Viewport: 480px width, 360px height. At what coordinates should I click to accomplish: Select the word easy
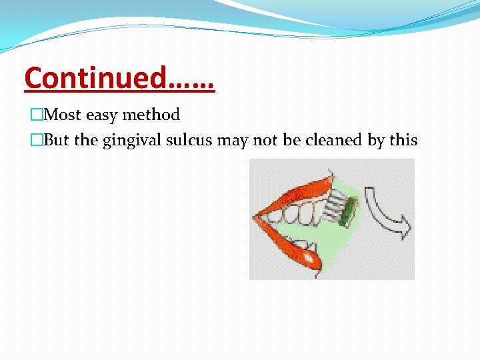click(101, 115)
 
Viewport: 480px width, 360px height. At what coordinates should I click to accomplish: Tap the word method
click(150, 115)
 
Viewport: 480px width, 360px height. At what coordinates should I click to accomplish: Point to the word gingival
click(131, 141)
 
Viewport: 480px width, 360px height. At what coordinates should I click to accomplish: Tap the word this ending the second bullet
click(403, 141)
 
